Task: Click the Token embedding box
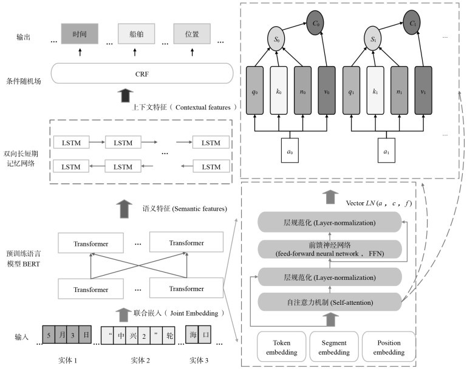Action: click(281, 347)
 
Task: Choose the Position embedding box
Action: click(389, 347)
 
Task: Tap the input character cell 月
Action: click(62, 335)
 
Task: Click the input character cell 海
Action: click(201, 335)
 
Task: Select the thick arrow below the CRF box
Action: click(126, 95)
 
